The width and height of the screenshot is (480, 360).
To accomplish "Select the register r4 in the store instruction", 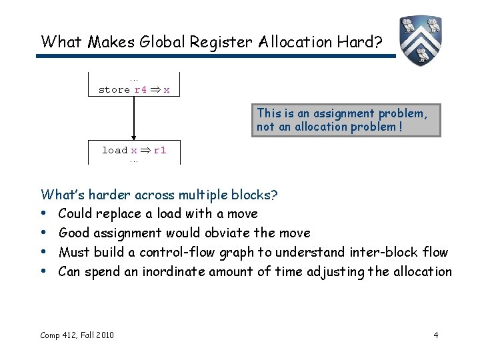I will tap(141, 89).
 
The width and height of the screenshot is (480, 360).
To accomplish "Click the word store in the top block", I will tap(114, 89).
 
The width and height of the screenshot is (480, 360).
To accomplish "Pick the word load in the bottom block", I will tap(114, 150).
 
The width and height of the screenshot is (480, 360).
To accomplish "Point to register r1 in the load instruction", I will tap(160, 150).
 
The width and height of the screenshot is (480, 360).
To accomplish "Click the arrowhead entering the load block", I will tap(134, 136).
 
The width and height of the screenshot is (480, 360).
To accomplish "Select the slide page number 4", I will tap(435, 335).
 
